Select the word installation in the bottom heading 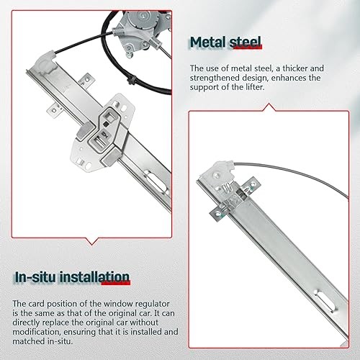[x=96, y=277]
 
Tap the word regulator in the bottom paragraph [x=123, y=304]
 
